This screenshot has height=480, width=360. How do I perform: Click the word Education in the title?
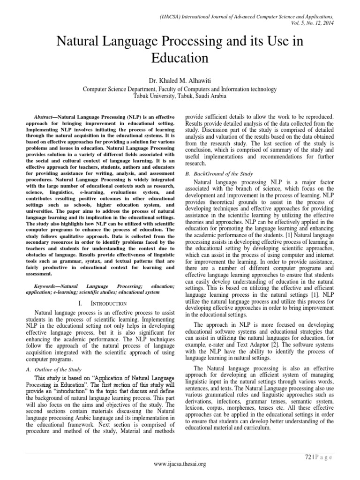(180, 58)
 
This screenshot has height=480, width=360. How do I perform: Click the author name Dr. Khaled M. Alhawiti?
(180, 80)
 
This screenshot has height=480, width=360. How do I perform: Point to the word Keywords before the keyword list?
(48, 285)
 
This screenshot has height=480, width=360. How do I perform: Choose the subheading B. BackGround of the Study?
(215, 173)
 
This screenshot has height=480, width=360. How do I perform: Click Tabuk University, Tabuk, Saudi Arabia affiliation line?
(180, 96)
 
